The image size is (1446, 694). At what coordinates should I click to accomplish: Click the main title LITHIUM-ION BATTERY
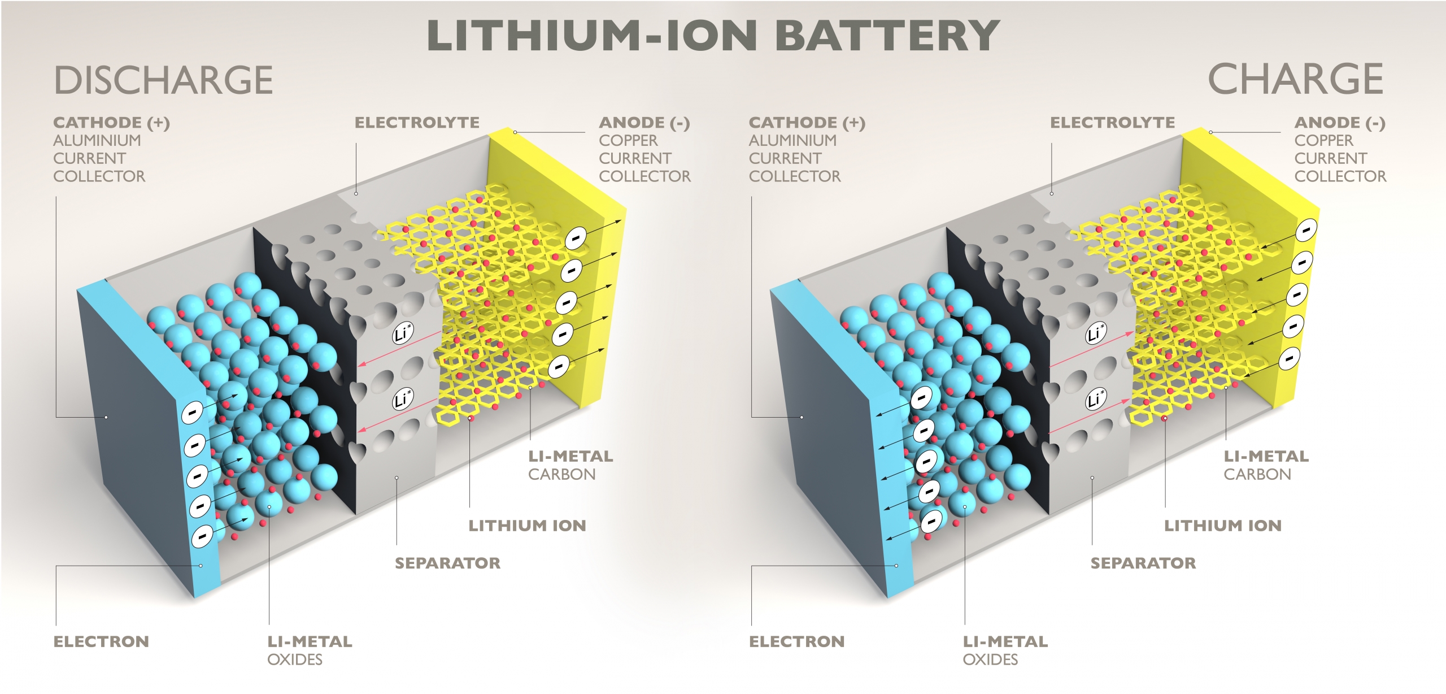pos(713,36)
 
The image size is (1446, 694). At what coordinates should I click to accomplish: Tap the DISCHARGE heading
pos(164,80)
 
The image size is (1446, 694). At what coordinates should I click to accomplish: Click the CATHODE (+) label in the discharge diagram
pos(111,123)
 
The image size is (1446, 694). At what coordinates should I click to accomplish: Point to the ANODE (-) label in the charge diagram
pos(1340,123)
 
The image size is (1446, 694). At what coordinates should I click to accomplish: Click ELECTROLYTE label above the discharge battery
pos(417,123)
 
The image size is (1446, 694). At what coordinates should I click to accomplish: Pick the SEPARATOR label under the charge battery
pos(1143,563)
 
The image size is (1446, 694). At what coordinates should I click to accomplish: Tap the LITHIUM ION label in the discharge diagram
pos(527,526)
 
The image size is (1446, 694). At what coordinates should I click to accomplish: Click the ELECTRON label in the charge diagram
pos(796,641)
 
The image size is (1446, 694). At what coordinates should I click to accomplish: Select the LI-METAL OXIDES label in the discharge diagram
pos(310,650)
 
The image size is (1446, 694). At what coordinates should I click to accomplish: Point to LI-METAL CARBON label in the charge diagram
pos(1266,465)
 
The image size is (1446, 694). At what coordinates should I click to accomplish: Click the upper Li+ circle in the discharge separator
pos(403,333)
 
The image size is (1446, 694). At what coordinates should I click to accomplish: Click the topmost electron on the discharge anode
pos(576,238)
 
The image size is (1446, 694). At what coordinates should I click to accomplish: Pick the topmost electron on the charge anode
pos(1306,229)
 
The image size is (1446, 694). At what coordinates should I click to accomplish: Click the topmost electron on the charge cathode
pos(921,398)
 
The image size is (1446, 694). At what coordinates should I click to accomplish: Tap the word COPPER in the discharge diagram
pos(628,140)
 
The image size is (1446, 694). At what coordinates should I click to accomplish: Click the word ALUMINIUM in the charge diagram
pos(792,140)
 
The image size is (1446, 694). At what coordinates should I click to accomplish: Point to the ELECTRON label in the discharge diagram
pos(101,641)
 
